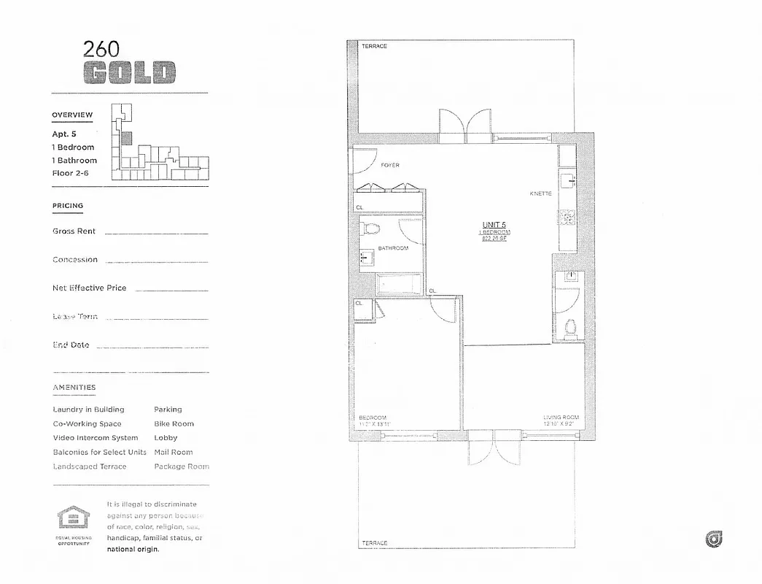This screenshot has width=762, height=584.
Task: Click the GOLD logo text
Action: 129,72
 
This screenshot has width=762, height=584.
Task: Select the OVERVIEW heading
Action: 72,115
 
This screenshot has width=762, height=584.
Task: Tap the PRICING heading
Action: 68,206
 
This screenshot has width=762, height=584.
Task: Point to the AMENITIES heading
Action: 74,388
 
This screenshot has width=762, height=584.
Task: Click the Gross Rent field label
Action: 74,231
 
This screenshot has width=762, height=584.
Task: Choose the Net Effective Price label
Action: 89,288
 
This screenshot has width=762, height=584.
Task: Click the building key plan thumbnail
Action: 158,143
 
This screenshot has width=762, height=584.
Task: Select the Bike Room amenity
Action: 174,424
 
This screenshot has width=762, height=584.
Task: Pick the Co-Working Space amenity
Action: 87,424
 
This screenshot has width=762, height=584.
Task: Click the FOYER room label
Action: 390,166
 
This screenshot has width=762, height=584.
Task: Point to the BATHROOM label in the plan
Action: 393,248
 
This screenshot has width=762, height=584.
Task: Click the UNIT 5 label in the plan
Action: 494,225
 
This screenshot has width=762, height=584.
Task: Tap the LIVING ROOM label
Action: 561,418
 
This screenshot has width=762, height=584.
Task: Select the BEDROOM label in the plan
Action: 373,418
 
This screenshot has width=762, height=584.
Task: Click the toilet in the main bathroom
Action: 371,231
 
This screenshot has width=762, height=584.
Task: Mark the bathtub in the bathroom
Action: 397,284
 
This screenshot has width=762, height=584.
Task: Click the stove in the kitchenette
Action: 566,216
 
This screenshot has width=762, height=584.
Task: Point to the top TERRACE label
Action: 374,47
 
